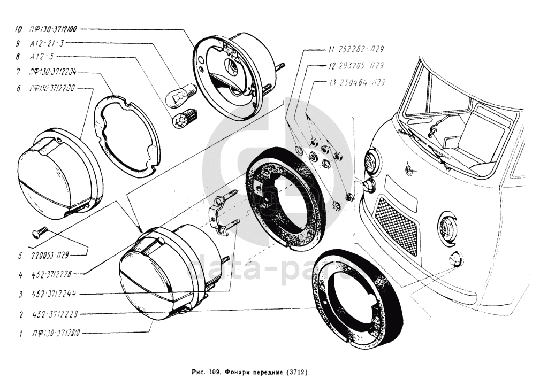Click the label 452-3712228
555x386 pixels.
click(51, 275)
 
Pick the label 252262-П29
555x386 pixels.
click(362, 49)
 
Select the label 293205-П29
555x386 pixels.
click(362, 66)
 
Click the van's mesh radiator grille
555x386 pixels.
click(397, 225)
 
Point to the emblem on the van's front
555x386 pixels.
click(411, 171)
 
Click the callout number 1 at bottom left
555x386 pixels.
click(20, 334)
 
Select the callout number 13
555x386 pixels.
click(333, 83)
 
